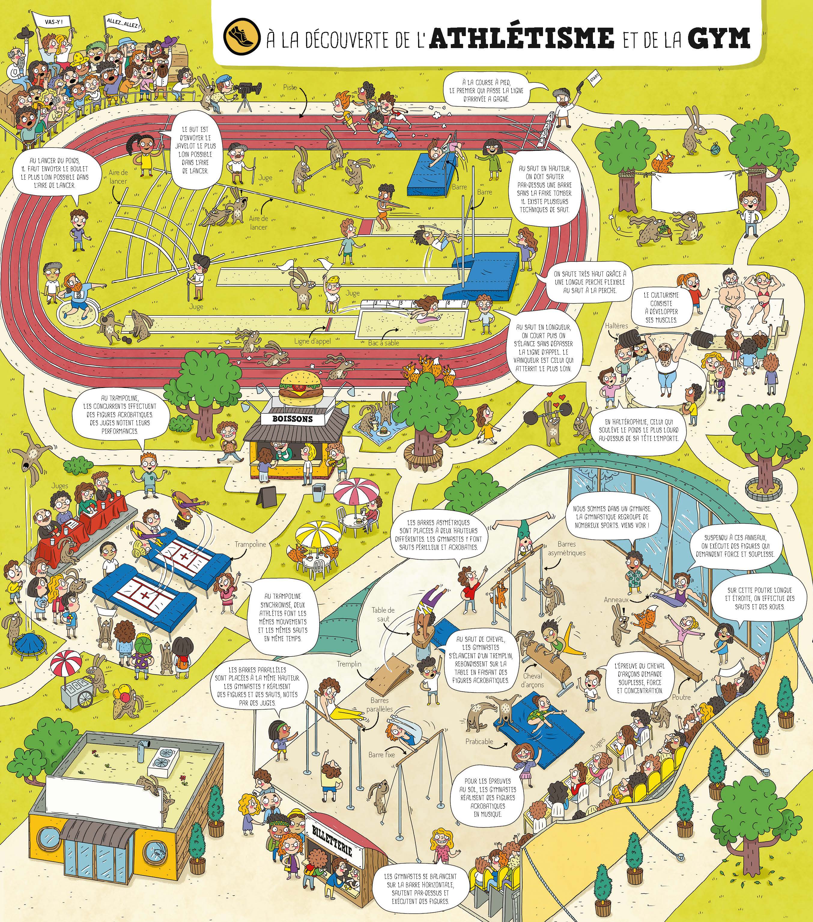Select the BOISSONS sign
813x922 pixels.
click(x=293, y=418)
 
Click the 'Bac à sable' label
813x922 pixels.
click(x=384, y=343)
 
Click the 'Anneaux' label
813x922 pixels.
click(x=616, y=599)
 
